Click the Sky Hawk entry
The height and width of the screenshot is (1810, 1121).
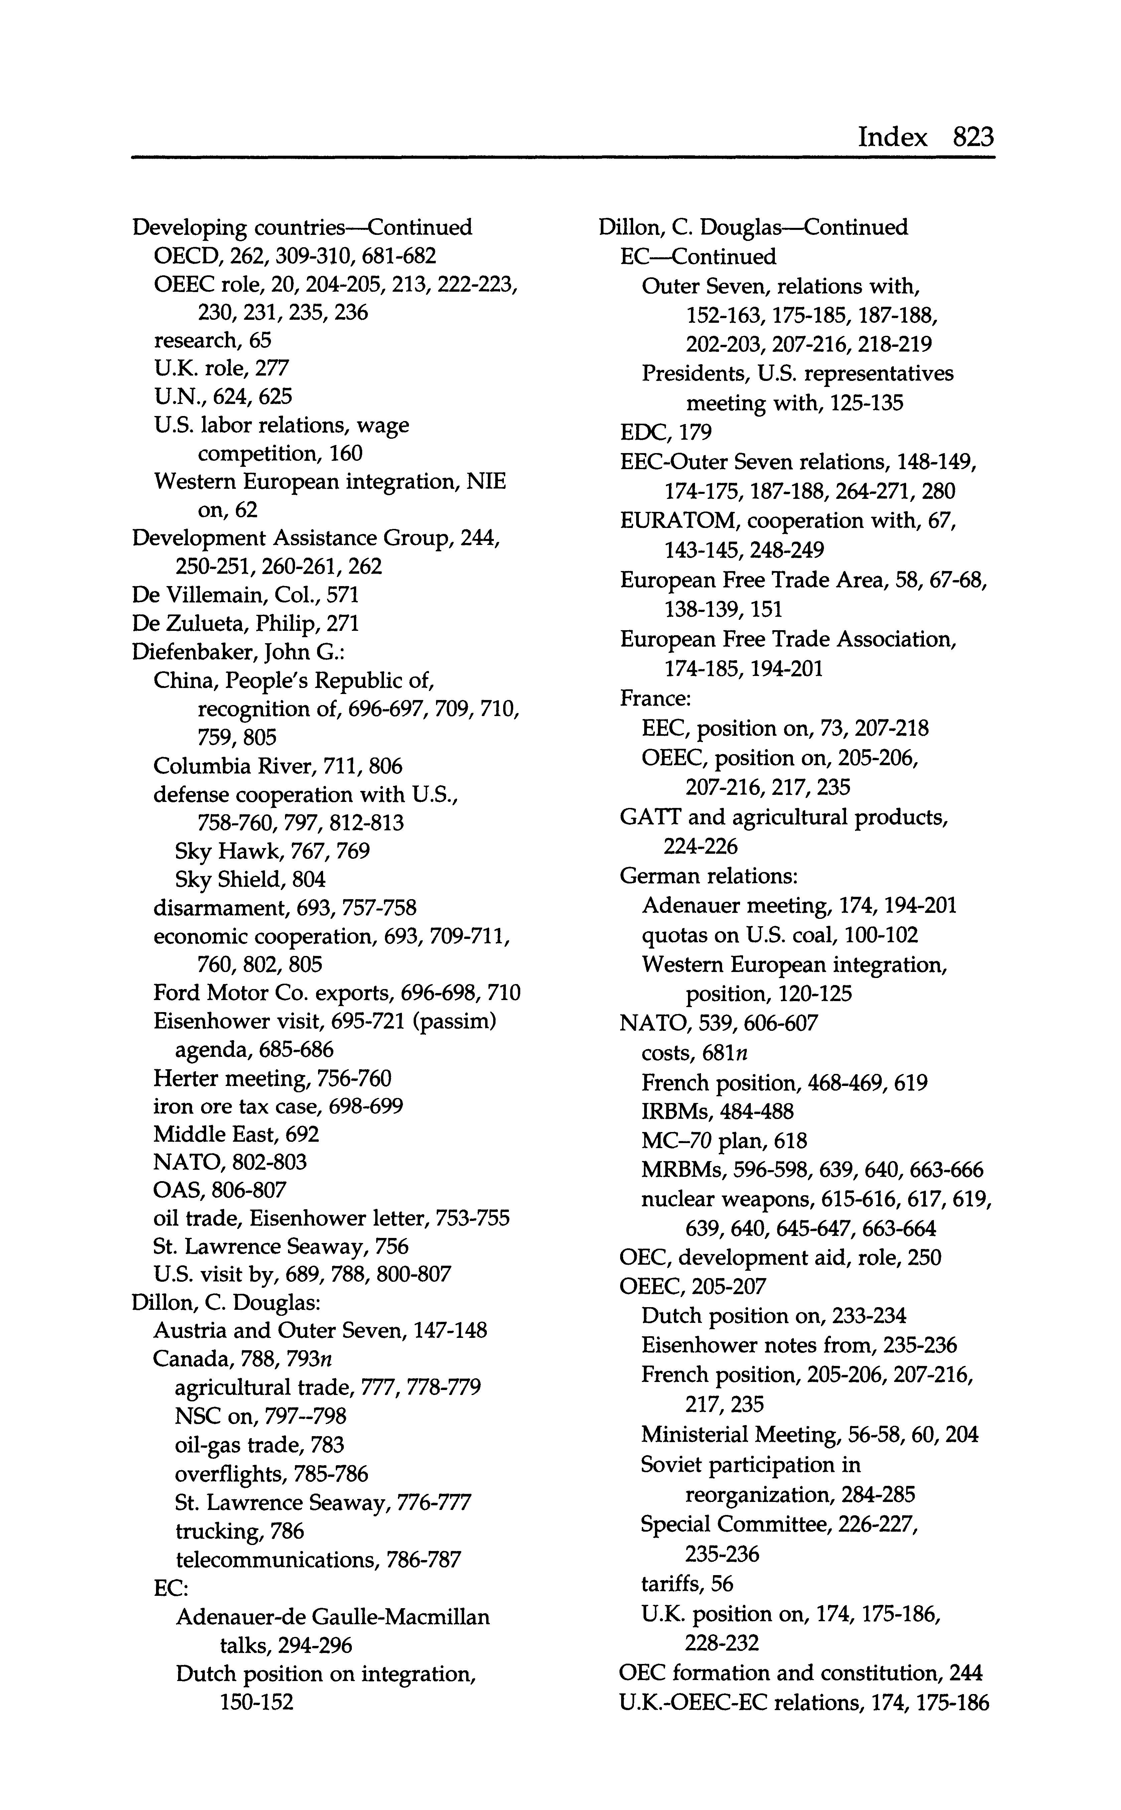272,851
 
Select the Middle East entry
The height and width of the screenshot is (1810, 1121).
236,1134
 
